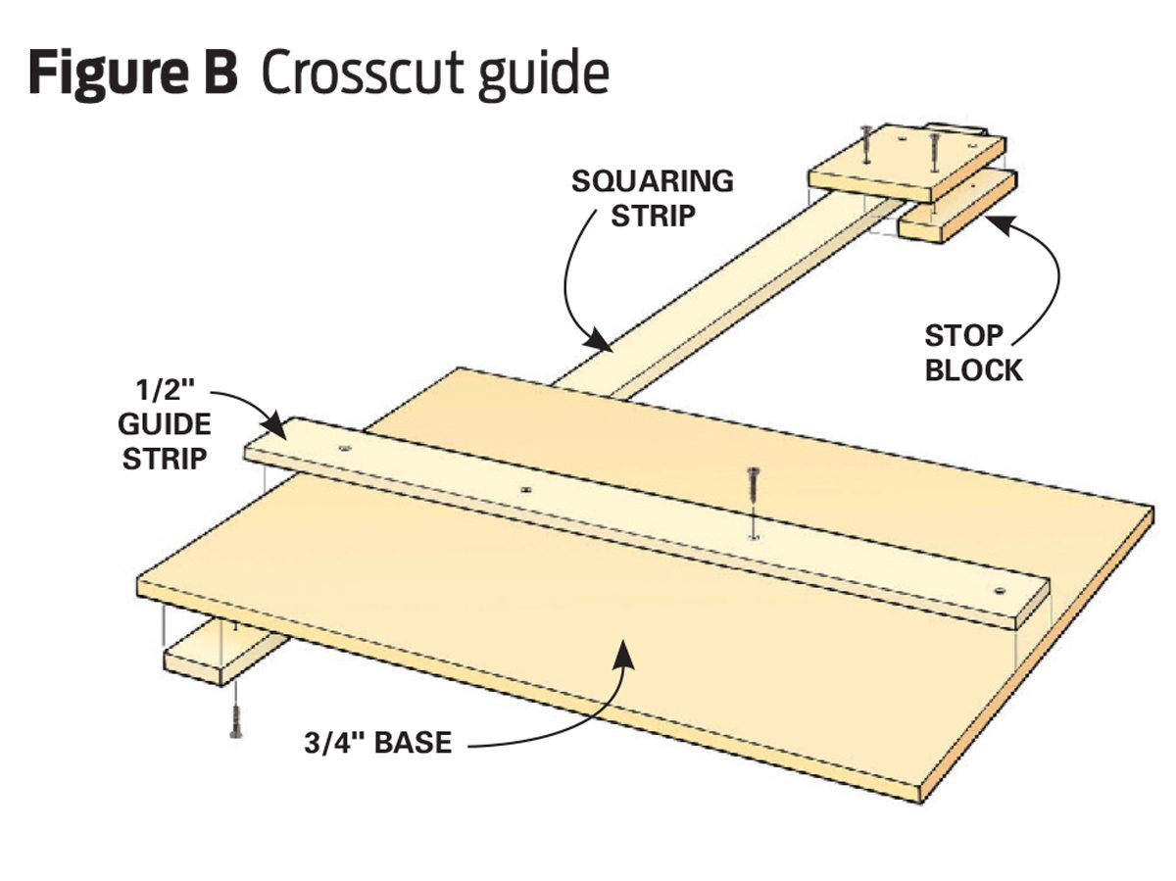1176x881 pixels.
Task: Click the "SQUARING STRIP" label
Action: pyautogui.click(x=653, y=197)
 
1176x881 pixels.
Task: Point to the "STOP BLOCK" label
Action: pyautogui.click(x=973, y=352)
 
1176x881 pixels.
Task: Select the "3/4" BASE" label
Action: pyautogui.click(x=377, y=742)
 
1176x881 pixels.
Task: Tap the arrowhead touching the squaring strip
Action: pyautogui.click(x=599, y=342)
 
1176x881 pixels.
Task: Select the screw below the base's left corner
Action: pyautogui.click(x=235, y=720)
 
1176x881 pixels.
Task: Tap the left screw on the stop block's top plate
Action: pyautogui.click(x=865, y=142)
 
